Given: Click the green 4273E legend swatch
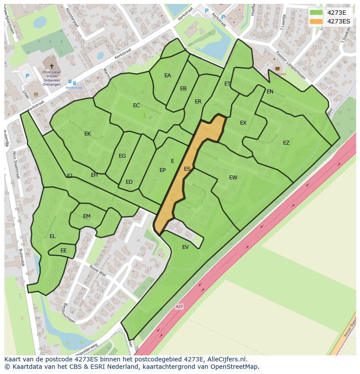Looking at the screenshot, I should (316, 13).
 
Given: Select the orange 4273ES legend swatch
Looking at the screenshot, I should (316, 21).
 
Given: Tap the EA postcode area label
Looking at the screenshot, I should (167, 76).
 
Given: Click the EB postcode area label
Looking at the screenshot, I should (183, 89).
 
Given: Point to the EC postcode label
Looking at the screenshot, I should (136, 106).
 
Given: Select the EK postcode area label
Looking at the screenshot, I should (87, 134).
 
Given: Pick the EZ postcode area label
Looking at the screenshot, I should (286, 143).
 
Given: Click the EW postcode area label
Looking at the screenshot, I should (233, 178).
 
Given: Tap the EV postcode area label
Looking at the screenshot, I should (186, 247).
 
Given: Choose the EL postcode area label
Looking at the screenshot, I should (53, 236).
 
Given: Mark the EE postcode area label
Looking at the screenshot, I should (63, 251).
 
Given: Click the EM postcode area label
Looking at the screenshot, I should (87, 216).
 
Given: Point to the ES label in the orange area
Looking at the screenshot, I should (187, 169).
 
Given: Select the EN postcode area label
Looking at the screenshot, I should (270, 92).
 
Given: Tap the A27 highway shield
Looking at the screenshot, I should (179, 307).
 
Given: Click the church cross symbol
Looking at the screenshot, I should (52, 66).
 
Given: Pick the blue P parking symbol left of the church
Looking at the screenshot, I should (27, 76).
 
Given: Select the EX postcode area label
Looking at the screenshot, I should (243, 123).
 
